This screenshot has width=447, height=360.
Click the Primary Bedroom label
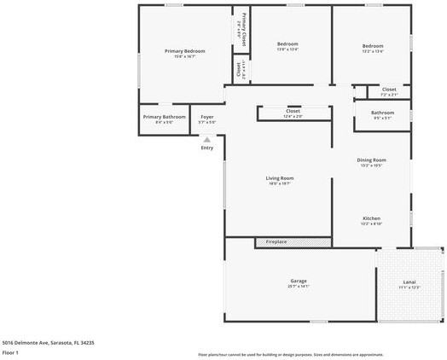point(185,51)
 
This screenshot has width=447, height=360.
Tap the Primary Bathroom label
point(164,116)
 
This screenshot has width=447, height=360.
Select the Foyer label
point(207,116)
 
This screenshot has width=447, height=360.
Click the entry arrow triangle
point(206,140)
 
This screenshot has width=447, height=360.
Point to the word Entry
point(206,148)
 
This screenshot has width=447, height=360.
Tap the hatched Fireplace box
point(293,242)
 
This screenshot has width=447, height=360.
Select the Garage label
point(298,281)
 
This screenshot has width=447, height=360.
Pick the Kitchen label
point(371,218)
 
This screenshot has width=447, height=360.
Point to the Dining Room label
point(371,160)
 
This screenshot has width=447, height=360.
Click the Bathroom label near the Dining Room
point(382,113)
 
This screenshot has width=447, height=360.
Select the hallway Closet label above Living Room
point(293,111)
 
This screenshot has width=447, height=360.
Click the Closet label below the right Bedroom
point(389,89)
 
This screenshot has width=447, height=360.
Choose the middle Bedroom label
point(287,44)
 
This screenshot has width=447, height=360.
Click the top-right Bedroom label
point(372,46)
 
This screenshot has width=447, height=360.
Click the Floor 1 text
point(10,352)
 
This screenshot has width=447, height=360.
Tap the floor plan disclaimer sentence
point(290,354)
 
